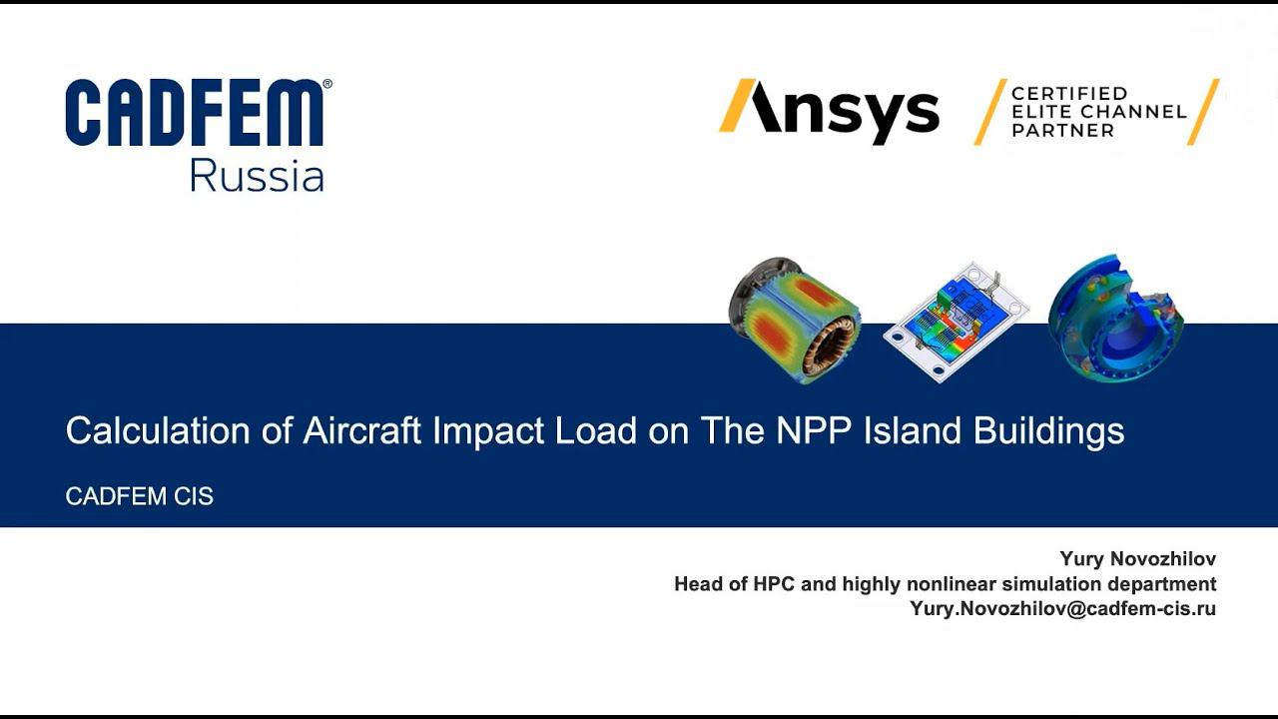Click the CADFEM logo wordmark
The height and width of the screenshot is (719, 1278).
point(195,114)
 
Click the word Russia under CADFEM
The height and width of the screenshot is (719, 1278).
point(257,177)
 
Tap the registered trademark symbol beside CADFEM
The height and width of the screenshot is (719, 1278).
point(327,85)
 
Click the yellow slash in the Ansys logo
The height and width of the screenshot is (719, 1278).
point(737,106)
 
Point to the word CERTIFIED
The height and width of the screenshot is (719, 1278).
point(1069,94)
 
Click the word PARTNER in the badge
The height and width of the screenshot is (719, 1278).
point(1062,130)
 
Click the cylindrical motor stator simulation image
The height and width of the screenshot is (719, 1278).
point(794,319)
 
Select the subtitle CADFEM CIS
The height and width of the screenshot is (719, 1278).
point(139,496)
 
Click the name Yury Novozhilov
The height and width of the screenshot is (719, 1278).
point(1137,559)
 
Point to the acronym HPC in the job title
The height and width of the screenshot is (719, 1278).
point(774,583)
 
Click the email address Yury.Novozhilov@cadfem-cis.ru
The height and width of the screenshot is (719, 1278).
point(1062,608)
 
